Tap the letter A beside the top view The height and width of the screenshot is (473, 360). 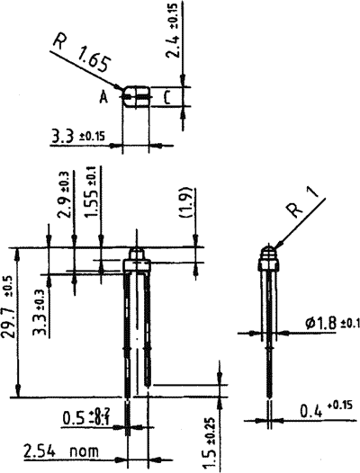pyautogui.click(x=104, y=98)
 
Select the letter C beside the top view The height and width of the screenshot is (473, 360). pyautogui.click(x=167, y=98)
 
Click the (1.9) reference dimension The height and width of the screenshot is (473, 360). pyautogui.click(x=184, y=213)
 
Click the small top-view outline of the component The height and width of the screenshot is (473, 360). pyautogui.click(x=136, y=97)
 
